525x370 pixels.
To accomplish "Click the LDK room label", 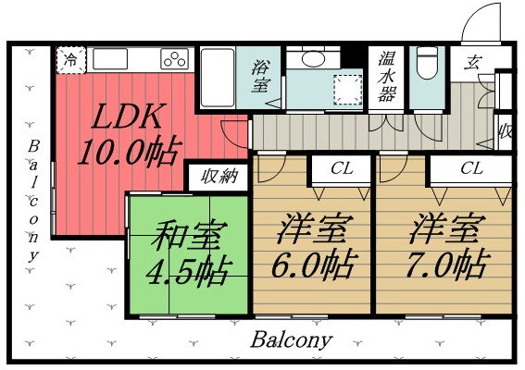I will pos(131,117).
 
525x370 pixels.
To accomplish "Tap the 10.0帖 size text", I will pos(129,151).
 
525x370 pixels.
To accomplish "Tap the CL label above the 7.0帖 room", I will pos(472,169).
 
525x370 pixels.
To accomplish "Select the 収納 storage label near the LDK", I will pos(218,175).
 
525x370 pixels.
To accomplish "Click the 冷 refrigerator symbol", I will pos(70,59).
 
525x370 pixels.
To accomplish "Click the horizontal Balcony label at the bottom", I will pos(292,339).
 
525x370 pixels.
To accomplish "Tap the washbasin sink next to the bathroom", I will pos(308,58).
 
